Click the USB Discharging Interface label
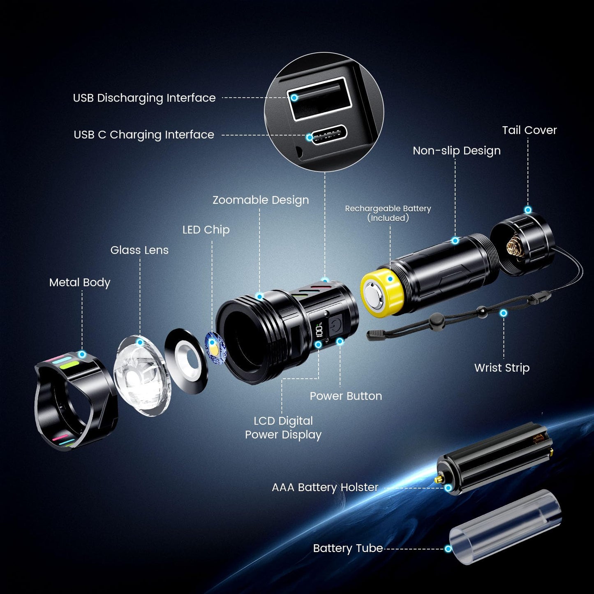click(x=144, y=98)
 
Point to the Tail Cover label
click(x=529, y=130)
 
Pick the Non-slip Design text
click(x=456, y=151)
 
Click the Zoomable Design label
click(x=261, y=200)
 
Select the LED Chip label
click(x=206, y=230)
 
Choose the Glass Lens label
click(x=139, y=250)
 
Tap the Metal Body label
click(x=80, y=282)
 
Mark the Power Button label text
click(x=346, y=396)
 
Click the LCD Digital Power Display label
click(x=283, y=428)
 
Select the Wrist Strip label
click(x=502, y=368)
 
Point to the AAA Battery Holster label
click(x=325, y=488)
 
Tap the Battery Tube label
click(x=348, y=548)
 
